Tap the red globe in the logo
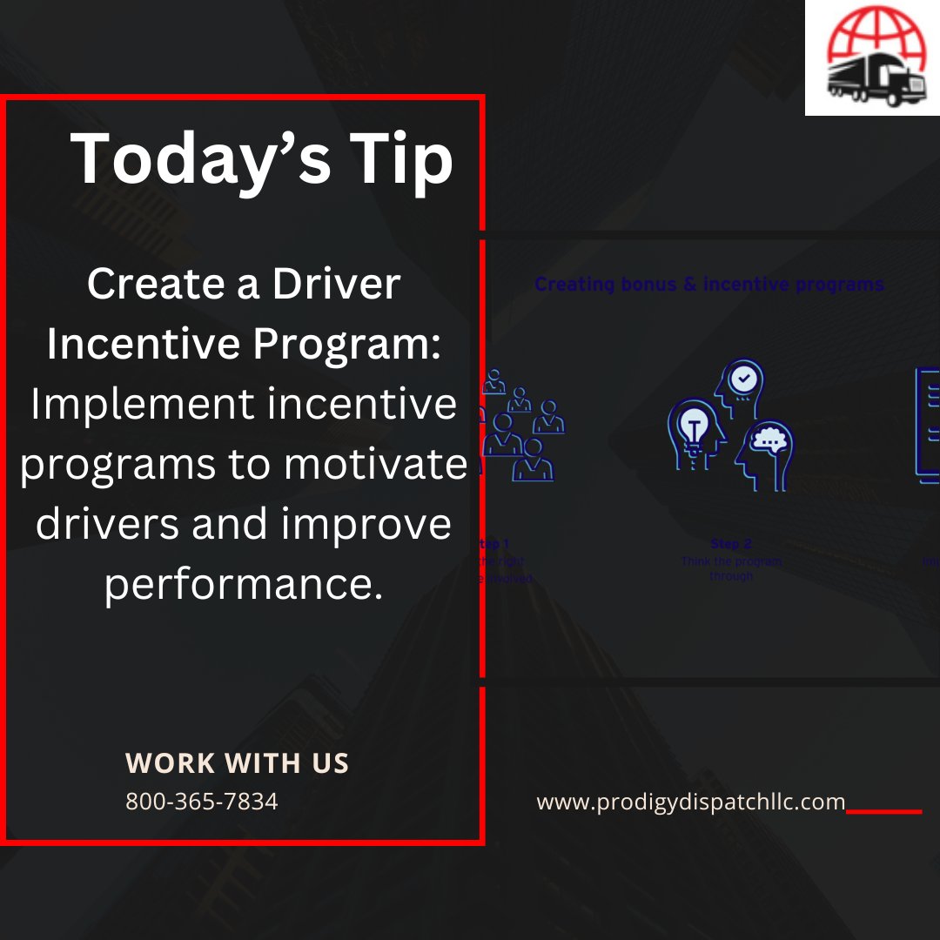point(869,39)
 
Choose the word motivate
point(376,465)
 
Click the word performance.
point(244,585)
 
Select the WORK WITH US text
point(237,763)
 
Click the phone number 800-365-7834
point(202,801)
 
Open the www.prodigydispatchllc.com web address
point(691,802)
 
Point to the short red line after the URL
point(883,811)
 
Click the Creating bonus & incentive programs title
point(709,284)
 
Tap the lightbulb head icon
point(695,428)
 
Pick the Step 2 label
point(731,544)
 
